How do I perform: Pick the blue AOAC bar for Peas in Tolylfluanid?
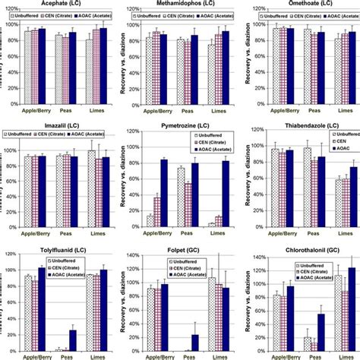(73, 339)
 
